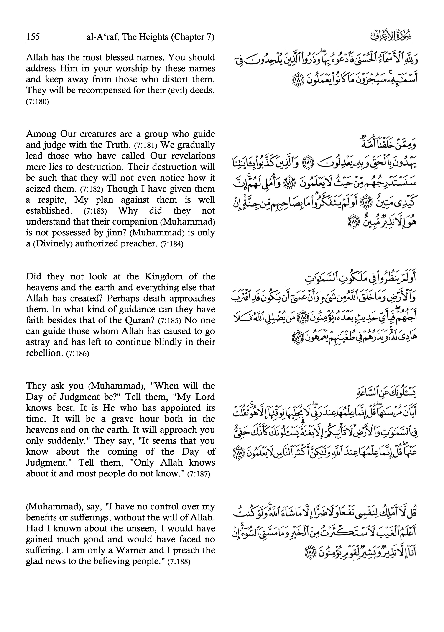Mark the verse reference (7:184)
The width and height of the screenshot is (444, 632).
pos(172,244)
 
